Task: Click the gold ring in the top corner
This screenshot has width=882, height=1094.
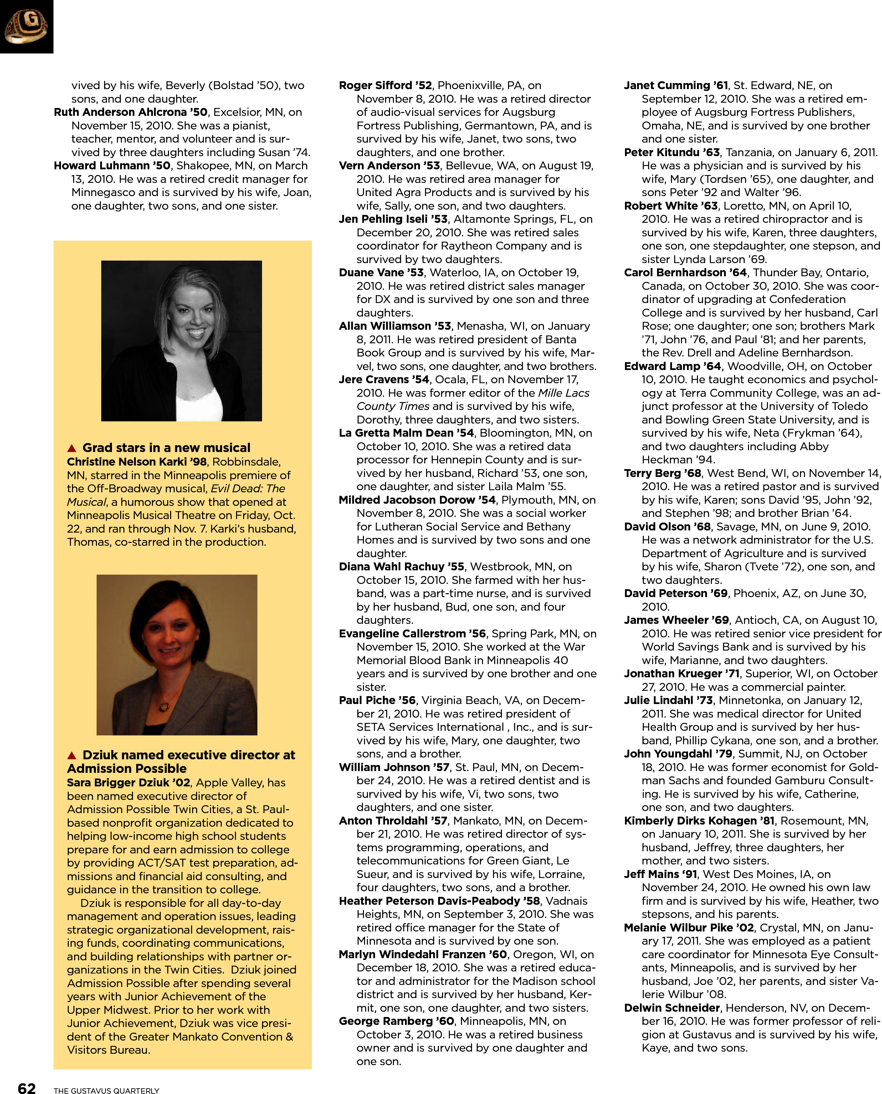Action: [26, 26]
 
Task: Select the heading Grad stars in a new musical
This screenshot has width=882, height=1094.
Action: [166, 448]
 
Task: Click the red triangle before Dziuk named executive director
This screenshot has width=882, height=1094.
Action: [72, 755]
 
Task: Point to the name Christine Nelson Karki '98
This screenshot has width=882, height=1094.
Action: [137, 462]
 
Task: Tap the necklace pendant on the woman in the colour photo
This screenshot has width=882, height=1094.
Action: [164, 706]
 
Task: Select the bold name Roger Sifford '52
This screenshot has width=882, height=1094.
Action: [385, 85]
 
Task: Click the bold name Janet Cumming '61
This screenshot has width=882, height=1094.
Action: [676, 85]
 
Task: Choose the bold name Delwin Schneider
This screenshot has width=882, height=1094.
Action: [672, 1008]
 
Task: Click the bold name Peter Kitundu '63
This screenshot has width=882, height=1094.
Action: [672, 152]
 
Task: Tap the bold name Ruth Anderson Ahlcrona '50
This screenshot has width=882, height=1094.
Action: [130, 112]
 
